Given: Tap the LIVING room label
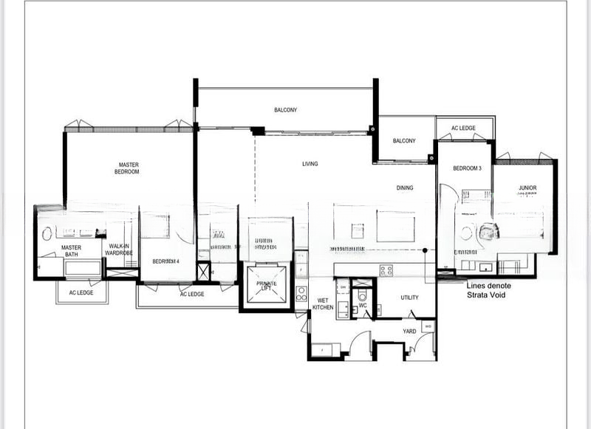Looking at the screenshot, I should (310, 164).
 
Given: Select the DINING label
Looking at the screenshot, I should (404, 188).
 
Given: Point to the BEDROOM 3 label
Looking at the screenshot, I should (467, 168).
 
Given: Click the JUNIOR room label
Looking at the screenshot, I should (527, 188).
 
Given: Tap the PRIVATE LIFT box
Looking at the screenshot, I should (266, 287).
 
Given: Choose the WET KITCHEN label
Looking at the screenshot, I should (323, 303).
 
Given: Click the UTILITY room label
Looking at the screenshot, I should (409, 298).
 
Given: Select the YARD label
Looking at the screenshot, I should (409, 332).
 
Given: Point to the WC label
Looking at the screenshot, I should (363, 304).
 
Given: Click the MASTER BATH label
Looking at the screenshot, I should (71, 252).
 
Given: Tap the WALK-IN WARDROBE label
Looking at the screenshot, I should (120, 250).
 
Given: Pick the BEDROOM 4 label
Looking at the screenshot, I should (166, 261).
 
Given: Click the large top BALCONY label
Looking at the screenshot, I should (285, 110).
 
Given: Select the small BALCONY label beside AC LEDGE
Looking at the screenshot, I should (404, 141).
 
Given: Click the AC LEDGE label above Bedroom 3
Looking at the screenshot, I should (463, 128).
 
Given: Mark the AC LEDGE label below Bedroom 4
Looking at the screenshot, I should (192, 294).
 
